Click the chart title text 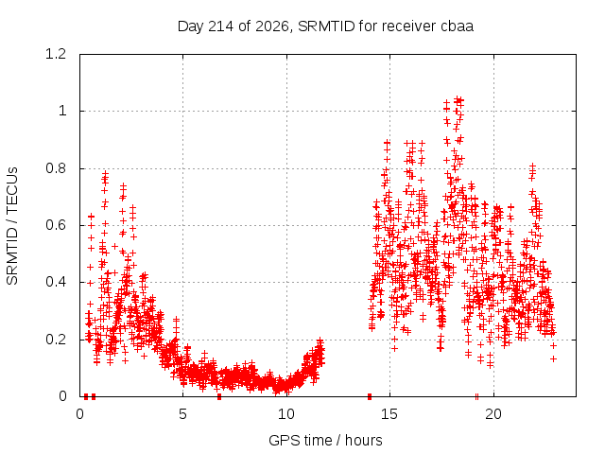pyautogui.click(x=325, y=26)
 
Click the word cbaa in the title pyautogui.click(x=456, y=26)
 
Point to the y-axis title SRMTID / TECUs pyautogui.click(x=12, y=226)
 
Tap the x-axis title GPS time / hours pyautogui.click(x=325, y=440)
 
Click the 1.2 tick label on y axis pyautogui.click(x=56, y=54)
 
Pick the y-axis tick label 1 pyautogui.click(x=62, y=112)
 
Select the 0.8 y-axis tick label pyautogui.click(x=56, y=168)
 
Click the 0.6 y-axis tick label pyautogui.click(x=56, y=225)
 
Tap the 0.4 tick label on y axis pyautogui.click(x=56, y=282)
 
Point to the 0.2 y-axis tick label pyautogui.click(x=56, y=340)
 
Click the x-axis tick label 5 pyautogui.click(x=182, y=414)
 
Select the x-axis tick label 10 pyautogui.click(x=286, y=414)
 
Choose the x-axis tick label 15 pyautogui.click(x=389, y=414)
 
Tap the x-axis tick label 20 pyautogui.click(x=493, y=414)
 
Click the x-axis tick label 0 pyautogui.click(x=79, y=414)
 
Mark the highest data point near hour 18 pyautogui.click(x=458, y=98)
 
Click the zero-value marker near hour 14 pyautogui.click(x=370, y=396)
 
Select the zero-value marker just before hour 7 pyautogui.click(x=219, y=396)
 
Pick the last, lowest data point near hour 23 pyautogui.click(x=554, y=359)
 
